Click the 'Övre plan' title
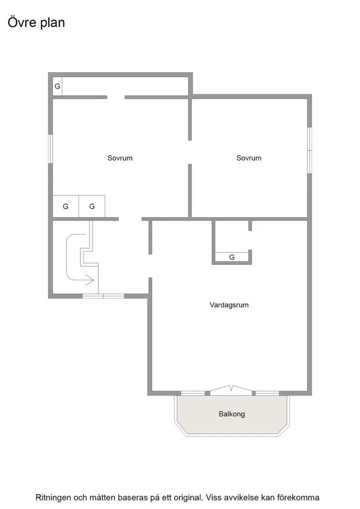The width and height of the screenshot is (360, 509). click(36, 23)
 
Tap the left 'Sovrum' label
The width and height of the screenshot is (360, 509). click(120, 158)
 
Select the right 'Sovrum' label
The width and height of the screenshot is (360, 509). click(249, 158)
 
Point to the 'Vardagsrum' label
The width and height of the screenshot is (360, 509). click(229, 305)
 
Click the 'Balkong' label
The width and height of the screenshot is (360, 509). click(232, 414)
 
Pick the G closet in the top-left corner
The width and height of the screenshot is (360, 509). click(58, 86)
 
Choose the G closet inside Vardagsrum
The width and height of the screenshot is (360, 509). click(232, 257)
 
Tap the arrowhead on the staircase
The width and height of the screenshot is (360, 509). click(90, 280)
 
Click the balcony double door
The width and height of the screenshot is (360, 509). click(231, 389)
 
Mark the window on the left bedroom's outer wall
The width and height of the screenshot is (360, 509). click(50, 149)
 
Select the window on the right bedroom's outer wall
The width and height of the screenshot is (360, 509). click(310, 150)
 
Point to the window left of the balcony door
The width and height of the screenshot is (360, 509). click(193, 393)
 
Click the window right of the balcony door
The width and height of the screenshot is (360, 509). click(267, 393)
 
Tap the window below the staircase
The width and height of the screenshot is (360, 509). click(103, 296)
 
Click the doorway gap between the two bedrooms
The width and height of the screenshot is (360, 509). click(190, 152)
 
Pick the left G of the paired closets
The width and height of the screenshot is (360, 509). click(66, 206)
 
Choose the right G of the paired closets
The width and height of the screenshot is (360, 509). click(92, 206)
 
